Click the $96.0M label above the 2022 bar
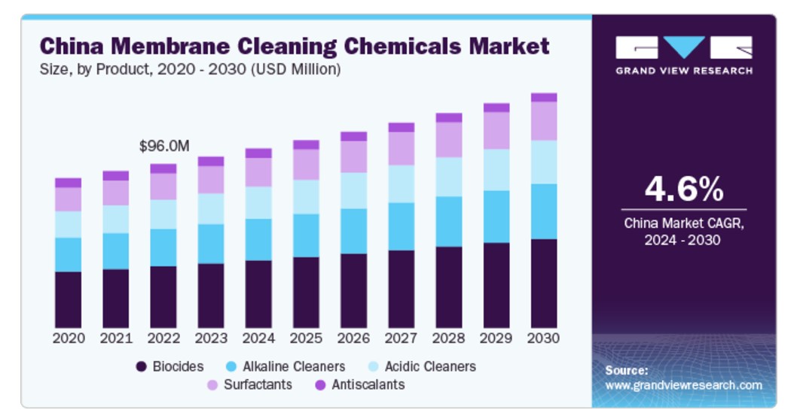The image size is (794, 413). pos(163,146)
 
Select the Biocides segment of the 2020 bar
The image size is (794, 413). pos(68,299)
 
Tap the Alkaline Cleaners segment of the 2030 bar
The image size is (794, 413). pos(544,211)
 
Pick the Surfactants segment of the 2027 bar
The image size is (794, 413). pos(402,148)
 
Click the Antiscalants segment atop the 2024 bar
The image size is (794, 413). pos(258,153)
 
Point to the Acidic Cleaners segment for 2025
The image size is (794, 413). pos(306,196)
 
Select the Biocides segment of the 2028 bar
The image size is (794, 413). pos(449,286)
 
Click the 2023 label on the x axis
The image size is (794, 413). pos(211,339)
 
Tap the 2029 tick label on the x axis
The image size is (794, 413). pos(496,339)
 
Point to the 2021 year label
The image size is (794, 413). pos(116,339)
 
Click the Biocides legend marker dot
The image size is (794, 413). pos(141,367)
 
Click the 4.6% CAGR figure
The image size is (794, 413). pos(683,189)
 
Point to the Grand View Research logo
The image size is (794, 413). pos(683,55)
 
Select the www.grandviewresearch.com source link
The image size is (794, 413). pos(683,385)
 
